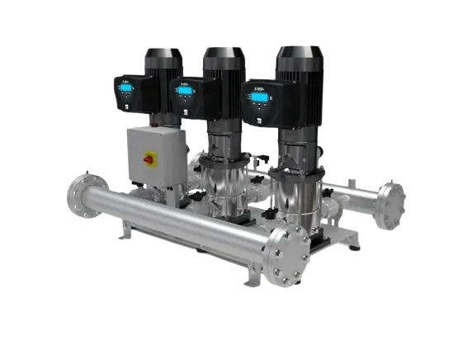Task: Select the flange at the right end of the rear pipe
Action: pyautogui.click(x=392, y=201)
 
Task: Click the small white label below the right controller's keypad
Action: pyautogui.click(x=264, y=117)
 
